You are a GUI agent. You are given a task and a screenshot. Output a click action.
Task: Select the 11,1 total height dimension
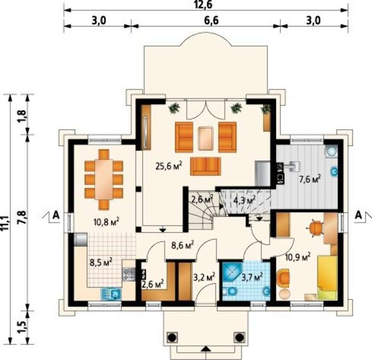(5, 219)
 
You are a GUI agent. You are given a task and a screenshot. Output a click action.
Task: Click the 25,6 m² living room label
(169, 166)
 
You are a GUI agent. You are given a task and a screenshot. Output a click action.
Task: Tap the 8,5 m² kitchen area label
(101, 262)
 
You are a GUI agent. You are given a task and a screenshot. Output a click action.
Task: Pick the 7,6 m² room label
(310, 179)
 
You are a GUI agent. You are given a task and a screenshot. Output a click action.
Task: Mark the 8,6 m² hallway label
(183, 245)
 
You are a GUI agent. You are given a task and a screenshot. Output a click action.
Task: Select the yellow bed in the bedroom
(327, 277)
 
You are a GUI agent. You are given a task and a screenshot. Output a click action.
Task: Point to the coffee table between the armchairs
(205, 138)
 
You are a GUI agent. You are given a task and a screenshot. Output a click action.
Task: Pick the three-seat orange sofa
(206, 166)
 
